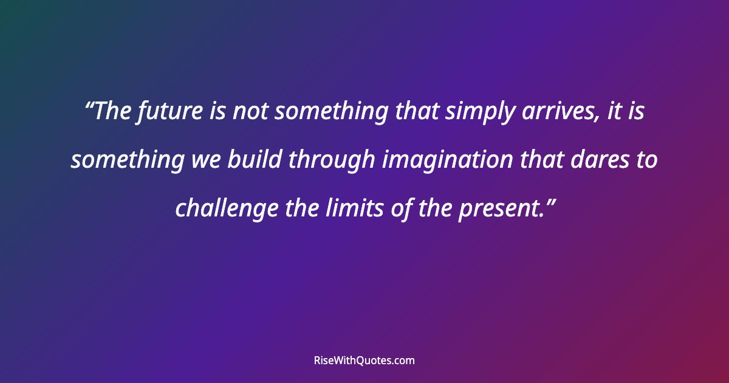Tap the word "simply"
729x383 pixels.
point(465,112)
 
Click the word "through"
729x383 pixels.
point(331,160)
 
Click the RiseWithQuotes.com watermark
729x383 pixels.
point(364,361)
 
